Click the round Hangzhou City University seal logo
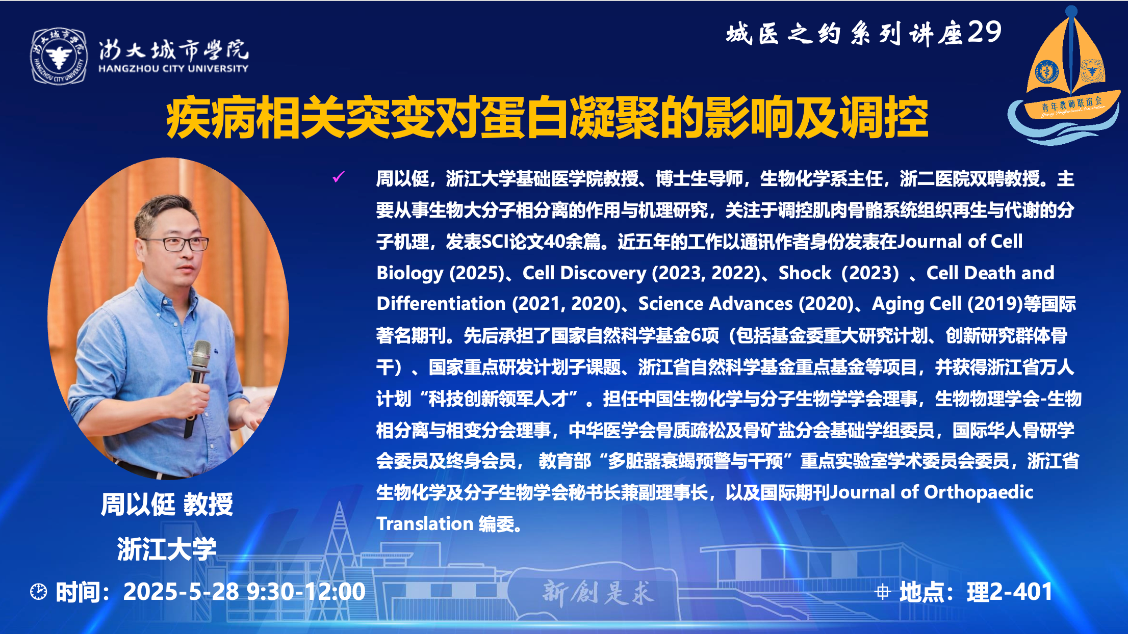coord(59,56)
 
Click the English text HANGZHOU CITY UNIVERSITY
coord(173,68)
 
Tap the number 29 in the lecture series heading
coord(984,33)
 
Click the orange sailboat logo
coord(1065,76)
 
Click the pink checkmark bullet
coord(338,177)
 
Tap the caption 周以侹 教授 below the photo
coord(167,505)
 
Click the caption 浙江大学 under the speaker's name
coord(167,549)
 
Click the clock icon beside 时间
coord(38,592)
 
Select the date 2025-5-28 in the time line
coord(181,592)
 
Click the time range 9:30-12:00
coord(306,592)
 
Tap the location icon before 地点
coord(883,592)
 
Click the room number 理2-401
coord(1010,592)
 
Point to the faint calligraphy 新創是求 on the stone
coord(598,592)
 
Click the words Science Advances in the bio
coord(715,304)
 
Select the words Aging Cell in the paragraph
coord(916,304)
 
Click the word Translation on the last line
coord(425,524)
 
